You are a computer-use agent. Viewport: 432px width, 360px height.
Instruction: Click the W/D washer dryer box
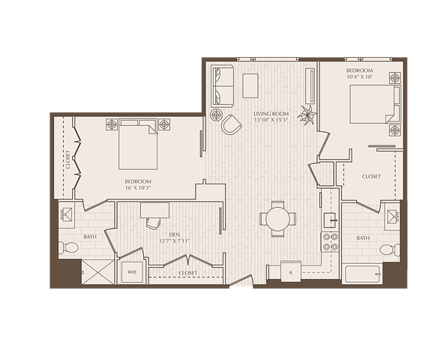click(x=132, y=272)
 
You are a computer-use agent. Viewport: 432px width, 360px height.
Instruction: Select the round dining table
click(x=278, y=219)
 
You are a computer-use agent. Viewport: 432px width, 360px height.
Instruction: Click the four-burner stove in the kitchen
click(x=330, y=241)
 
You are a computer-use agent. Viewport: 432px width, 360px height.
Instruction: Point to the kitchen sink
click(x=331, y=220)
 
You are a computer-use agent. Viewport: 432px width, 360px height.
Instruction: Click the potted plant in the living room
click(x=306, y=115)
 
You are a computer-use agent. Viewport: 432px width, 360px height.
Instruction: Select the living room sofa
click(x=222, y=86)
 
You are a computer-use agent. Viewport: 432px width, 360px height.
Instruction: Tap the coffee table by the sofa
click(x=250, y=85)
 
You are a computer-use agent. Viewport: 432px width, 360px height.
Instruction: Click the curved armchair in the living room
click(x=231, y=124)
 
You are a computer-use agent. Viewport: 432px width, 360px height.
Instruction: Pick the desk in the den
click(x=154, y=210)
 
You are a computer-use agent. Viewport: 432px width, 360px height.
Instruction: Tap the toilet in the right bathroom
click(x=389, y=250)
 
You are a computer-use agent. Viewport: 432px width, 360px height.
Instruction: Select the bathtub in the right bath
click(x=362, y=274)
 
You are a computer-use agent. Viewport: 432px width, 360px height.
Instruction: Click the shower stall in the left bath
click(x=98, y=272)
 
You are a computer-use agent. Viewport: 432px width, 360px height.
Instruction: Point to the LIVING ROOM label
click(x=271, y=113)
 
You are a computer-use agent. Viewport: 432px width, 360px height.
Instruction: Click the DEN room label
click(x=175, y=235)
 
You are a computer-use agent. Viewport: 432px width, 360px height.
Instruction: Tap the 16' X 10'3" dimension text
click(x=138, y=187)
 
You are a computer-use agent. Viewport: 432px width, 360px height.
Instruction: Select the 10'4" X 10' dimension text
click(x=359, y=76)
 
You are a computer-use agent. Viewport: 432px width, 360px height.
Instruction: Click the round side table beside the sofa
click(x=217, y=114)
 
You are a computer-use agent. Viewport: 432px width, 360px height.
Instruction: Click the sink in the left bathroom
click(x=66, y=214)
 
